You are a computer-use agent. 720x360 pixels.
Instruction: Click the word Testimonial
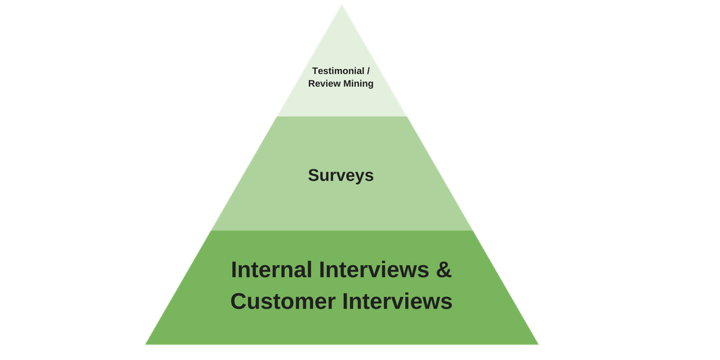click(x=337, y=71)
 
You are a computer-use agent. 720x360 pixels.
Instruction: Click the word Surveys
click(x=341, y=175)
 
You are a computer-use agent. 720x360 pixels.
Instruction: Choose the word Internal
click(x=271, y=270)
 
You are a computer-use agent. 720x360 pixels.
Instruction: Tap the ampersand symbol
click(x=443, y=270)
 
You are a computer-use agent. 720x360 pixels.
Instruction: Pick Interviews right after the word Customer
click(x=397, y=302)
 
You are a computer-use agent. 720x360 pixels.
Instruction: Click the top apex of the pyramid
click(x=342, y=4)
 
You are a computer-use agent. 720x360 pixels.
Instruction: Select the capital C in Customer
click(x=238, y=302)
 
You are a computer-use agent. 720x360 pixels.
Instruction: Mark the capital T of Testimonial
click(x=315, y=71)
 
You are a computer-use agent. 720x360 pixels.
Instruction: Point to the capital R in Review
click(x=312, y=84)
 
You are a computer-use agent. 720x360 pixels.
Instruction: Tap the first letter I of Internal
click(x=234, y=270)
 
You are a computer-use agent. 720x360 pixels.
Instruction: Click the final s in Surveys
click(x=370, y=176)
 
